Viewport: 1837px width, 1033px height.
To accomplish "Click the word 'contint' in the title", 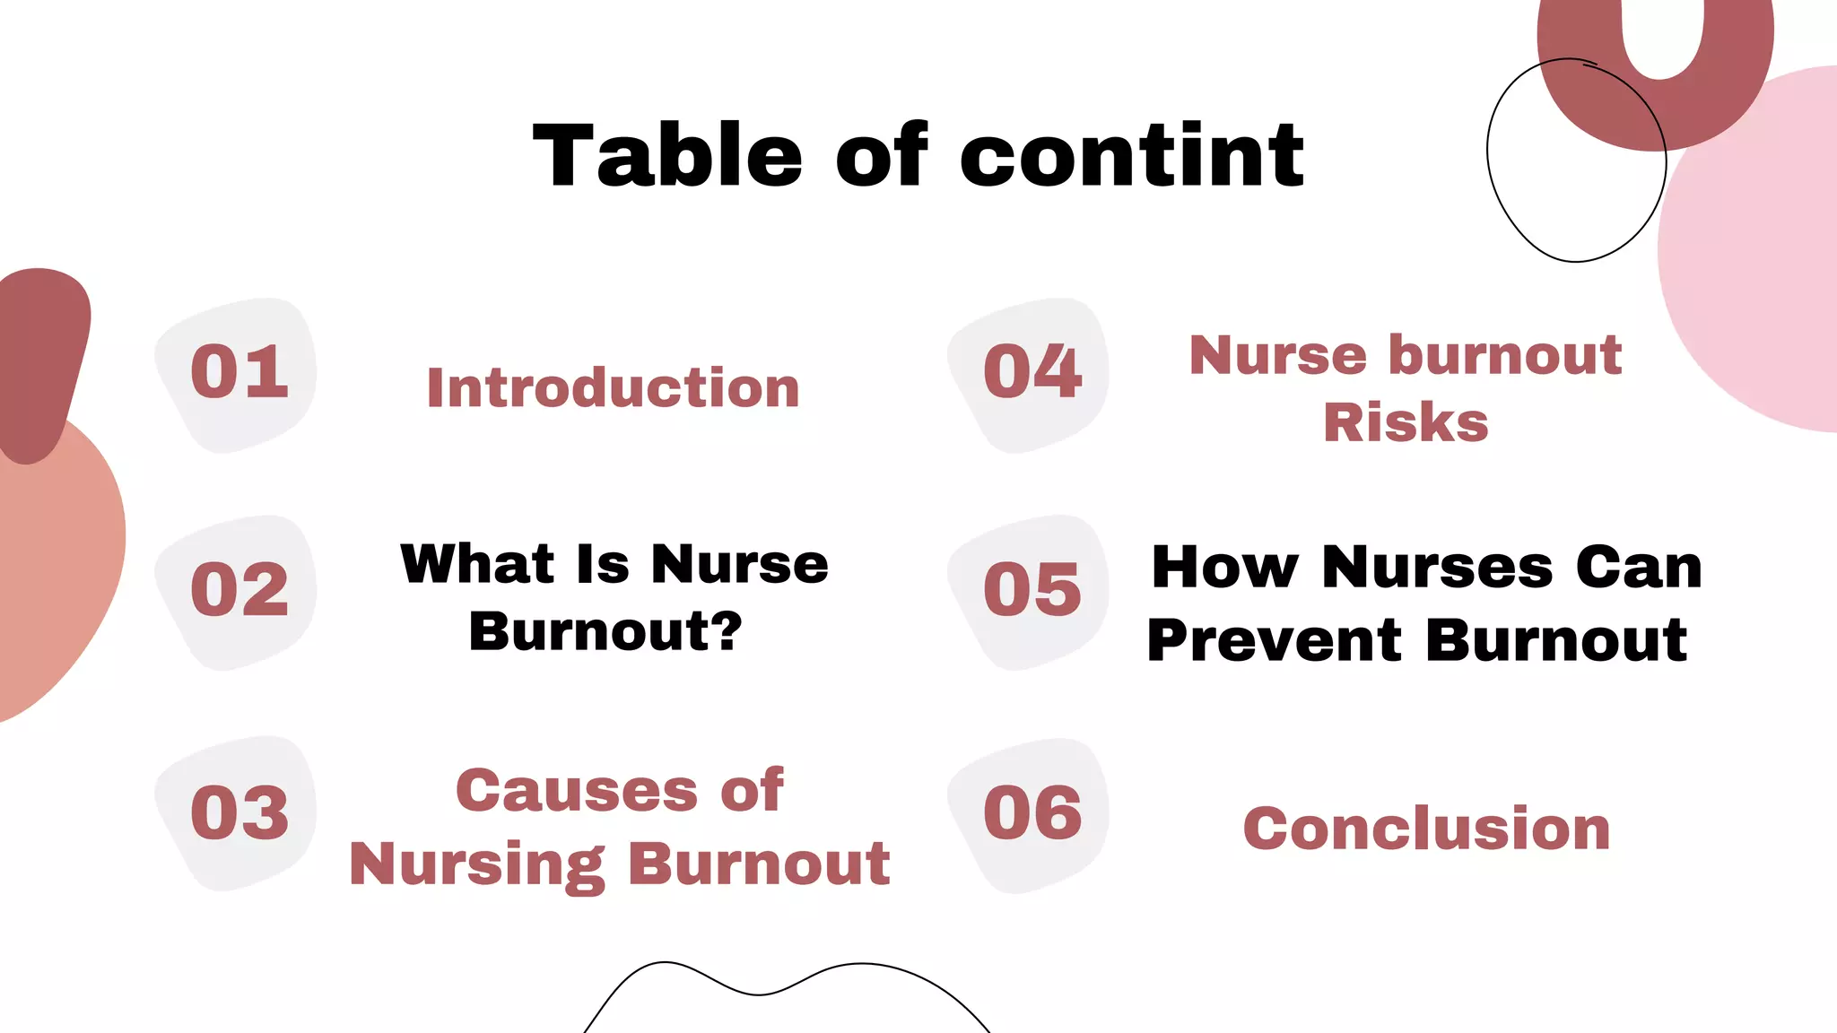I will click(x=1132, y=157).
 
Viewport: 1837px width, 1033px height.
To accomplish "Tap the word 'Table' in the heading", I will click(x=666, y=157).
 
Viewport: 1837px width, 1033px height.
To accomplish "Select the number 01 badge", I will click(x=239, y=373).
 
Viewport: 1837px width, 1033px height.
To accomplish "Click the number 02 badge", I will click(x=239, y=591).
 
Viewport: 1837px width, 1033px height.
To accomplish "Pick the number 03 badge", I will click(x=239, y=813).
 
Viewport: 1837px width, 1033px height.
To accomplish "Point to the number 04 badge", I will click(x=1032, y=373).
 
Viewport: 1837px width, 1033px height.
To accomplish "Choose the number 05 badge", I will click(x=1032, y=591).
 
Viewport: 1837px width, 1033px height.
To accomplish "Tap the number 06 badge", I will click(x=1032, y=813).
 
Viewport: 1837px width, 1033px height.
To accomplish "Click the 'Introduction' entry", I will click(x=613, y=388).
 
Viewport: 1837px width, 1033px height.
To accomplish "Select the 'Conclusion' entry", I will click(x=1426, y=829).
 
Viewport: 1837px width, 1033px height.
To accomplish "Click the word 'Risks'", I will click(x=1406, y=423).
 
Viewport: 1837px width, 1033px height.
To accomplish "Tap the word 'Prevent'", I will click(x=1274, y=641).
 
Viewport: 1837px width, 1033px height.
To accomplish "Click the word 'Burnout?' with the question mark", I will click(x=605, y=632).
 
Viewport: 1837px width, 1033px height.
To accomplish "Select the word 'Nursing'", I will click(x=476, y=865).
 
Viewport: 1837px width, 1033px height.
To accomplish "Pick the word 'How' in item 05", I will click(x=1224, y=568).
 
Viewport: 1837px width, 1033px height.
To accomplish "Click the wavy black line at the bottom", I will click(x=758, y=994).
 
